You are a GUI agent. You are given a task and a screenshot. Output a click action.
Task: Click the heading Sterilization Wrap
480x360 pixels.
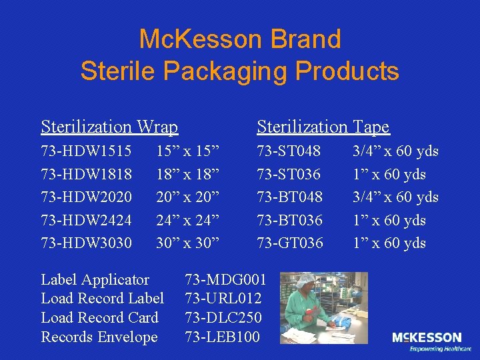(x=109, y=127)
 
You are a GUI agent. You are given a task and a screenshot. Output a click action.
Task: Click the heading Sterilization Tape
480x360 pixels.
(x=323, y=127)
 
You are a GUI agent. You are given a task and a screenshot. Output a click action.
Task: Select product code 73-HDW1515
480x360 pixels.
(x=86, y=151)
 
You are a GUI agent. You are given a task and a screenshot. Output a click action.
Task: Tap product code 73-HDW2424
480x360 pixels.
(x=86, y=220)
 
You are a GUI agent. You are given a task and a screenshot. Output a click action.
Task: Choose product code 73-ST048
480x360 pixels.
(x=289, y=151)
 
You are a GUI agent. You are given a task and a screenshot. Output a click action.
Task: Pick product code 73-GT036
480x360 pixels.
(x=290, y=243)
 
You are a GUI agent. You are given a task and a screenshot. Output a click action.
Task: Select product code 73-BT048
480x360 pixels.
(x=290, y=197)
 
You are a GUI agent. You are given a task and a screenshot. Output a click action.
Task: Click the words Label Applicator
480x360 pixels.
(x=95, y=279)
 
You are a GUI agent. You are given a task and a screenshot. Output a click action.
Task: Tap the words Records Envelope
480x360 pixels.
(x=99, y=337)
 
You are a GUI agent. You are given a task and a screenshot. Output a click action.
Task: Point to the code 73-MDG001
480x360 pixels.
(x=225, y=279)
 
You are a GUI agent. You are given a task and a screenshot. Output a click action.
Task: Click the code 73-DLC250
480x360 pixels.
(x=223, y=317)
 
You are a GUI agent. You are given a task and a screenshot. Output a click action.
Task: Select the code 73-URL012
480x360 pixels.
(x=223, y=298)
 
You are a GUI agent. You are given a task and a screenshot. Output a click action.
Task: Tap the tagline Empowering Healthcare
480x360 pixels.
(x=440, y=349)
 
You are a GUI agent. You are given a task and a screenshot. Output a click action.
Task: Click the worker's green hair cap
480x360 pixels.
(x=306, y=281)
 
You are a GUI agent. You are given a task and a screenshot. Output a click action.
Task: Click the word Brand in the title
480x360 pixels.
(x=305, y=39)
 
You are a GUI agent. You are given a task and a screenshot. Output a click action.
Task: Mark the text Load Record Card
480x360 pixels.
(x=100, y=317)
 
